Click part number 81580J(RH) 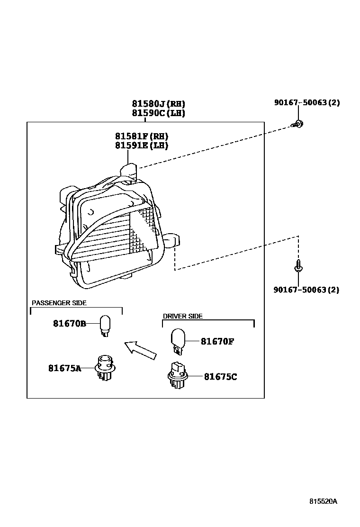point(158,104)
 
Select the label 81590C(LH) point(158,113)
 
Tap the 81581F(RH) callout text point(142,136)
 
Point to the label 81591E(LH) point(142,146)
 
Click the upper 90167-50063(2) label point(306,102)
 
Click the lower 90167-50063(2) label point(306,290)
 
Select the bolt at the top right point(298,124)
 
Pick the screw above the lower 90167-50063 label point(298,266)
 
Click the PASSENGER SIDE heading point(59,303)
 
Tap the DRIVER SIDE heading point(183,316)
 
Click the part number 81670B point(69,324)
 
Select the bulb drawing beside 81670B point(104,327)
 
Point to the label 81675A point(64,368)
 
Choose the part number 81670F point(217,341)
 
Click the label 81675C point(220,377)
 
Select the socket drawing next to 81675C point(177,377)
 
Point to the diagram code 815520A point(324,501)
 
